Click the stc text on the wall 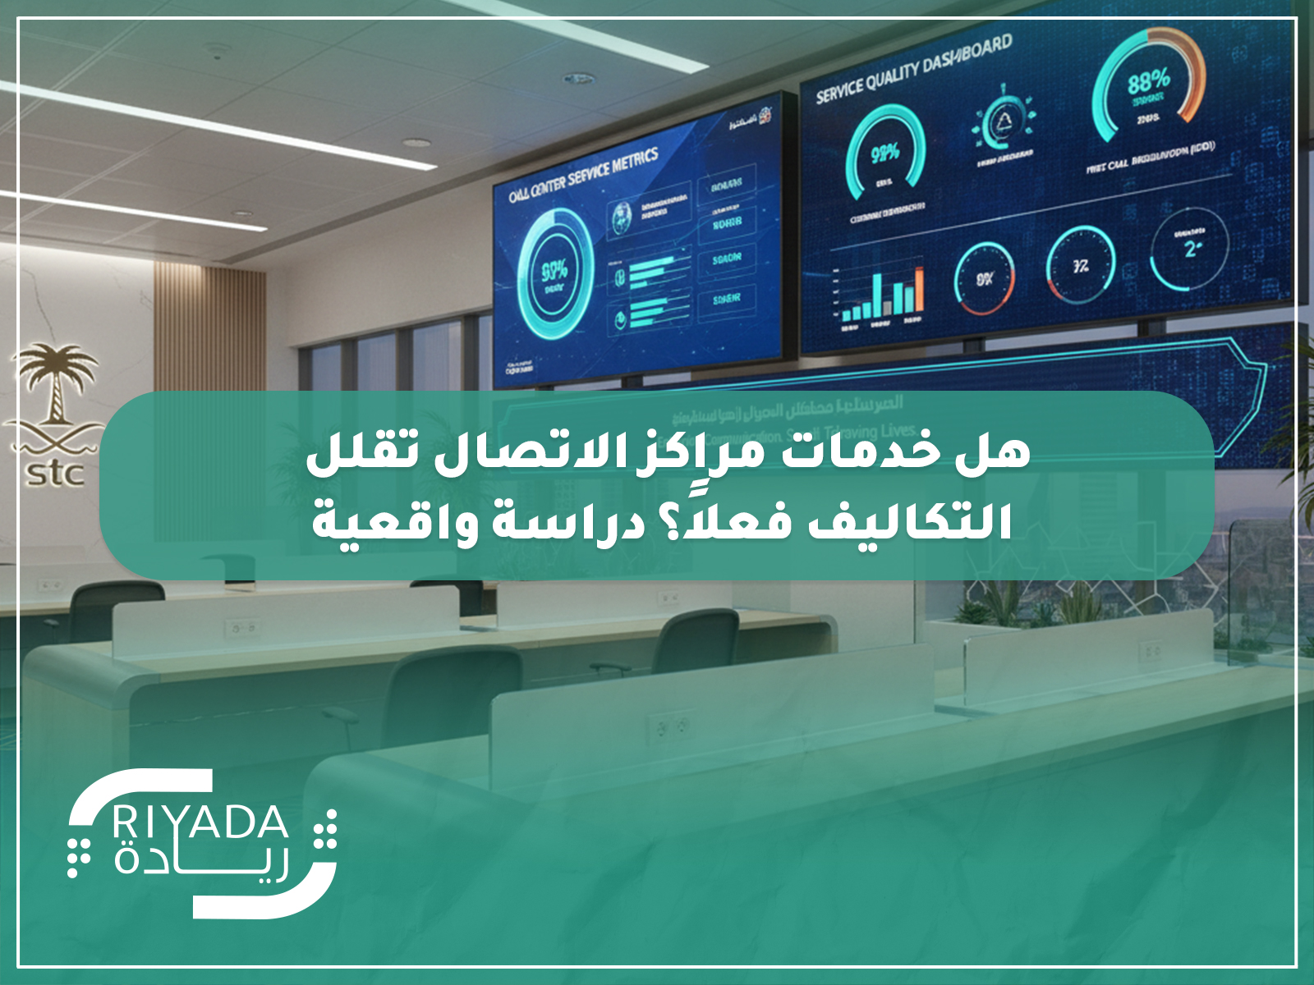pyautogui.click(x=55, y=474)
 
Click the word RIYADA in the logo pyautogui.click(x=200, y=822)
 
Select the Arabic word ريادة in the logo pyautogui.click(x=200, y=861)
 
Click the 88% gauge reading pyautogui.click(x=1147, y=81)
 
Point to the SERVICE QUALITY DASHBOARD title pyautogui.click(x=913, y=70)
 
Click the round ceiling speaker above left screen pyautogui.click(x=578, y=80)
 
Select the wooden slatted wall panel pyautogui.click(x=209, y=328)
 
